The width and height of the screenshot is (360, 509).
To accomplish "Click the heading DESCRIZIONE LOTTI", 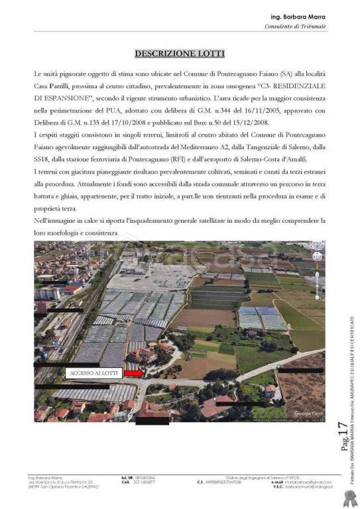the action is pyautogui.click(x=179, y=53).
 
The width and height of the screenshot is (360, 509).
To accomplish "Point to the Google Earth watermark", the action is pyautogui.click(x=307, y=414).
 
